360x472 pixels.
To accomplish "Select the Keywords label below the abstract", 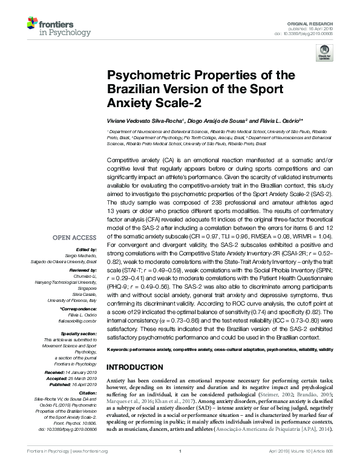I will pos(119,350).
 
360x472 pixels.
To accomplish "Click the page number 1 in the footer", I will pos(180,467).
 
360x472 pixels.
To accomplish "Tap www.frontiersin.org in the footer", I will pos(89,467).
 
